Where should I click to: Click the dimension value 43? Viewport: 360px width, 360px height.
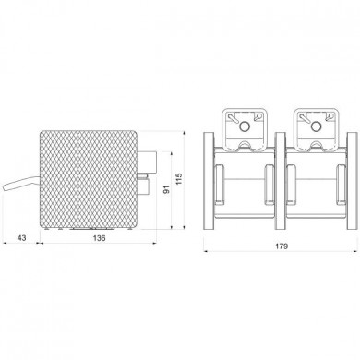(21, 237)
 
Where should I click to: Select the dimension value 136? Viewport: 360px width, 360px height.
(99, 237)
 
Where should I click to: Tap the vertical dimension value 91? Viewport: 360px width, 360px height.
(166, 190)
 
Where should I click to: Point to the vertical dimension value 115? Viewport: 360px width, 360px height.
(179, 179)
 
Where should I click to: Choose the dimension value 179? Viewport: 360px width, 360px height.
(282, 246)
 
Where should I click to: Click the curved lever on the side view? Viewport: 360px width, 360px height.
(21, 183)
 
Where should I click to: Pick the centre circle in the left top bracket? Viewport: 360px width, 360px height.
(245, 126)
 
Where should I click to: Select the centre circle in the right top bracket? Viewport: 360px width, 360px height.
(316, 126)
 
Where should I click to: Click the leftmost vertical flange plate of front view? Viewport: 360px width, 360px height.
(209, 181)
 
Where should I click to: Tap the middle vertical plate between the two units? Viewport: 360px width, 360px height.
(281, 181)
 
